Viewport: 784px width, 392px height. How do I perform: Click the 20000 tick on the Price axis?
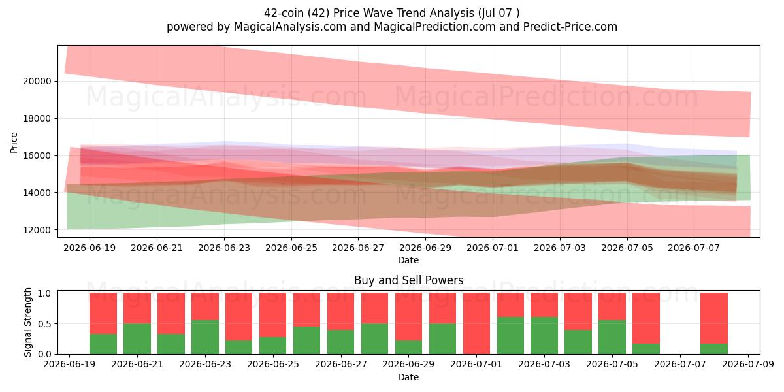[x=37, y=81]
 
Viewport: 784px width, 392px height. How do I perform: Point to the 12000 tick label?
[x=37, y=230]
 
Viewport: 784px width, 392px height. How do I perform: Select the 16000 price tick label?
[x=37, y=155]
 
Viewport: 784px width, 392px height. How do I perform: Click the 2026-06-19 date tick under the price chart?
[x=90, y=248]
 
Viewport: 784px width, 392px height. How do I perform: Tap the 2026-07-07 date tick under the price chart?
[x=694, y=248]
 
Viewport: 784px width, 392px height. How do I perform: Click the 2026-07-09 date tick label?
[x=748, y=364]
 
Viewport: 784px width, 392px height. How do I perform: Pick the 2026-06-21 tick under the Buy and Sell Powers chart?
[x=137, y=364]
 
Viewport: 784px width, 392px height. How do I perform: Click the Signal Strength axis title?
[x=27, y=322]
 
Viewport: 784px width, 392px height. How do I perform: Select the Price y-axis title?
[x=14, y=142]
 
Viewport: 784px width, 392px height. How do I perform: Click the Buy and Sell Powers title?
[x=408, y=280]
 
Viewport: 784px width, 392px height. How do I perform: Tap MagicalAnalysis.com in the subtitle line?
[x=290, y=27]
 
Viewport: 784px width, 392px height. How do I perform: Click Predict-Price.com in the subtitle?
[x=570, y=27]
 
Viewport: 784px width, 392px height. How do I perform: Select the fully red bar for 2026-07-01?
[x=476, y=323]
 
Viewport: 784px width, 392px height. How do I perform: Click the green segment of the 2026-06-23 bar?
[x=204, y=337]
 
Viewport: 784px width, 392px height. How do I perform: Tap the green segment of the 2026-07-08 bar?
[x=714, y=349]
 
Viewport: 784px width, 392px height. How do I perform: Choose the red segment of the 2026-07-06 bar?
[x=646, y=318]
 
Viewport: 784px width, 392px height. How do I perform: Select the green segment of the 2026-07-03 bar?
[x=544, y=336]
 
